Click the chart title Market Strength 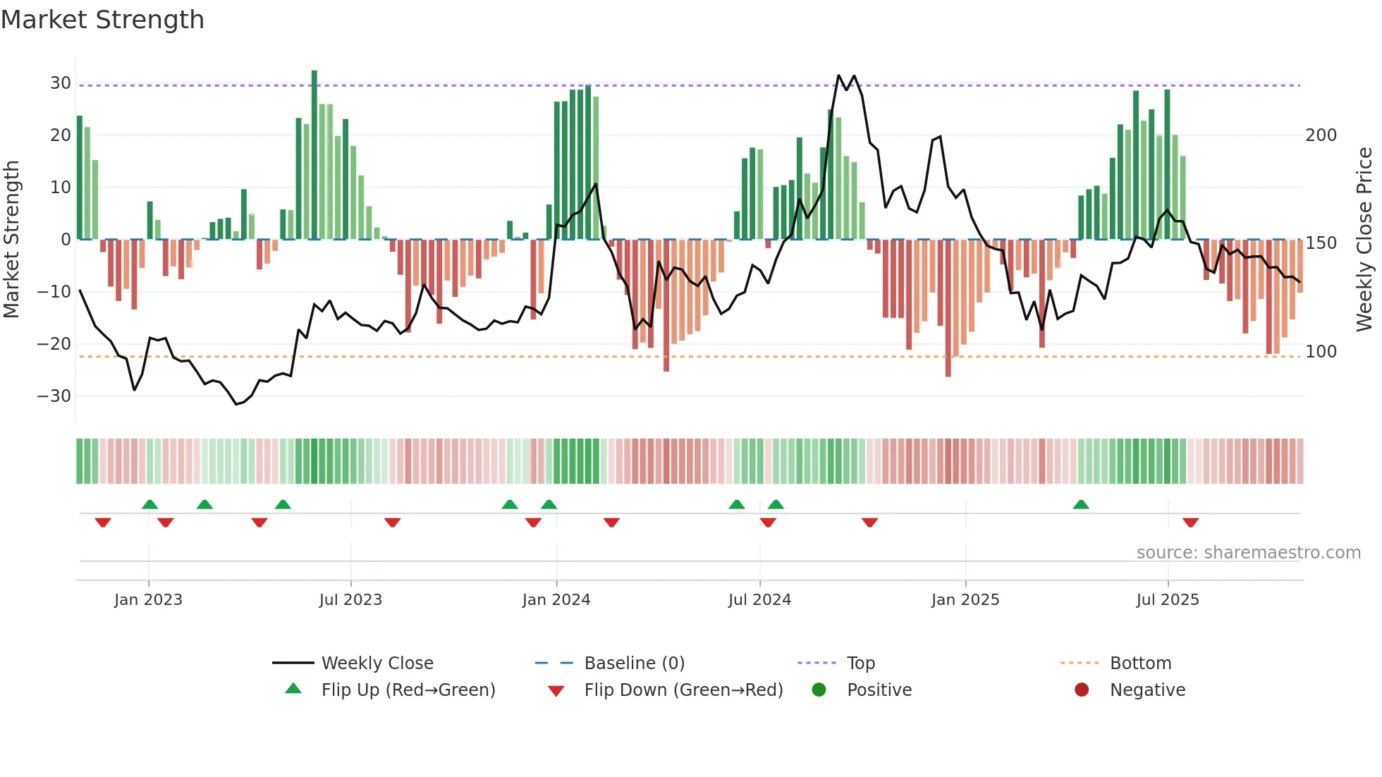102,20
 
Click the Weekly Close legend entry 377,663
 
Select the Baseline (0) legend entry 634,663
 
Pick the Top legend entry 860,663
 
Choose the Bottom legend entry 1140,663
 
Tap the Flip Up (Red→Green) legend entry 408,690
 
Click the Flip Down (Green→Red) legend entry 683,690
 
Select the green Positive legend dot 819,690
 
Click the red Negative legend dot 1082,690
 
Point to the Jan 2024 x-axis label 556,600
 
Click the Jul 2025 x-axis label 1168,600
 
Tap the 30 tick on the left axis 61,83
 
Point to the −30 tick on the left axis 55,396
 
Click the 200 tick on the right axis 1321,135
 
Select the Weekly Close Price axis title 1364,240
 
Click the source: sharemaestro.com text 1248,553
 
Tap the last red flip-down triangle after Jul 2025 1191,522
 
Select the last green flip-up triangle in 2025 1081,504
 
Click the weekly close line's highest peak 839,75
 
